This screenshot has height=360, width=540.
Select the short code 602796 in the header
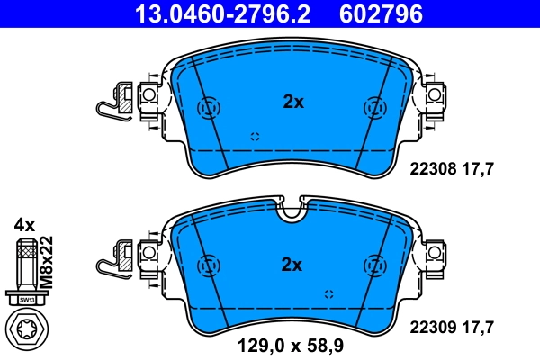click(x=381, y=13)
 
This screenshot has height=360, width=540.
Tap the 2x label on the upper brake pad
click(x=293, y=102)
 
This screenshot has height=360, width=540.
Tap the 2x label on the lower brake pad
click(x=293, y=264)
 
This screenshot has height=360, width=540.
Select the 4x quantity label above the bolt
click(x=24, y=223)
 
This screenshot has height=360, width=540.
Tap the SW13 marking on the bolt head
click(x=27, y=298)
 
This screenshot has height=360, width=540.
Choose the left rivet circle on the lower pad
click(x=208, y=266)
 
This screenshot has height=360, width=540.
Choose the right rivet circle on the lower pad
click(x=372, y=266)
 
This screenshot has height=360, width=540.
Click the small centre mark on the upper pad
click(x=254, y=136)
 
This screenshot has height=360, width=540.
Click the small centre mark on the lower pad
click(x=328, y=294)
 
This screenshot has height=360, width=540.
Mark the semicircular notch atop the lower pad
click(x=291, y=213)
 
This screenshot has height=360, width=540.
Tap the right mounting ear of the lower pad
click(x=436, y=252)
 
